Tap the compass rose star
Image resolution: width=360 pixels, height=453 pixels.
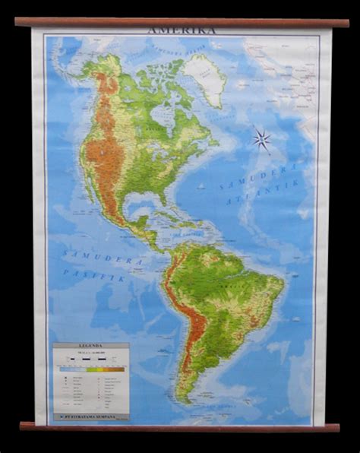point(261,138)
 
